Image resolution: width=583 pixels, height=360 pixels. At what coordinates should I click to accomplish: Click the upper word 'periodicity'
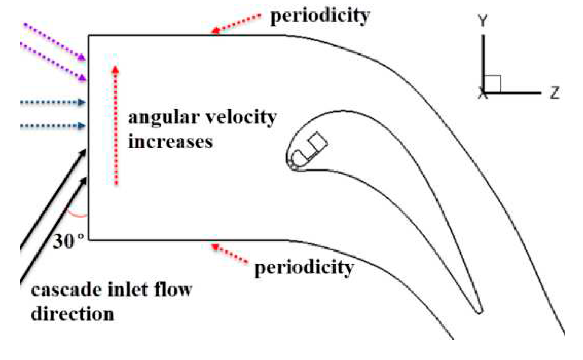320,16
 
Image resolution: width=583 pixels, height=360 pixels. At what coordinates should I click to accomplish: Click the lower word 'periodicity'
304,268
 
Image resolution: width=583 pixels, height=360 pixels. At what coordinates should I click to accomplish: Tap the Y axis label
483,21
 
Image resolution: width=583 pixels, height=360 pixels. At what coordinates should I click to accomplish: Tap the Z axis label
555,92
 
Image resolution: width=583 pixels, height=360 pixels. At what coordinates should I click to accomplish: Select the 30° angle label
68,241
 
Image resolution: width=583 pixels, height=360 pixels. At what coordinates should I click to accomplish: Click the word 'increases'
170,142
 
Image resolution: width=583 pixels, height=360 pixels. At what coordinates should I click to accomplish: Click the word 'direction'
72,314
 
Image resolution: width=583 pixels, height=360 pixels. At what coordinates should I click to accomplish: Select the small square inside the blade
317,141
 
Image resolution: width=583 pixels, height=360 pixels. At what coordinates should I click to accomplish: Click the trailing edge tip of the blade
479,311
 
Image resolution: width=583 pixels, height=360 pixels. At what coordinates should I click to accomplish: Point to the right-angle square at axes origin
492,84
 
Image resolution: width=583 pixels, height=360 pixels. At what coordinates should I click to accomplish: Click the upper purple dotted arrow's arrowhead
81,57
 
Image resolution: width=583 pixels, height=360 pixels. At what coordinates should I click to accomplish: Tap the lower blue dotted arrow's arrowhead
81,126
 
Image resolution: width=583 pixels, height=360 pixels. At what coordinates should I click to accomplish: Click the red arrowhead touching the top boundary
215,31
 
